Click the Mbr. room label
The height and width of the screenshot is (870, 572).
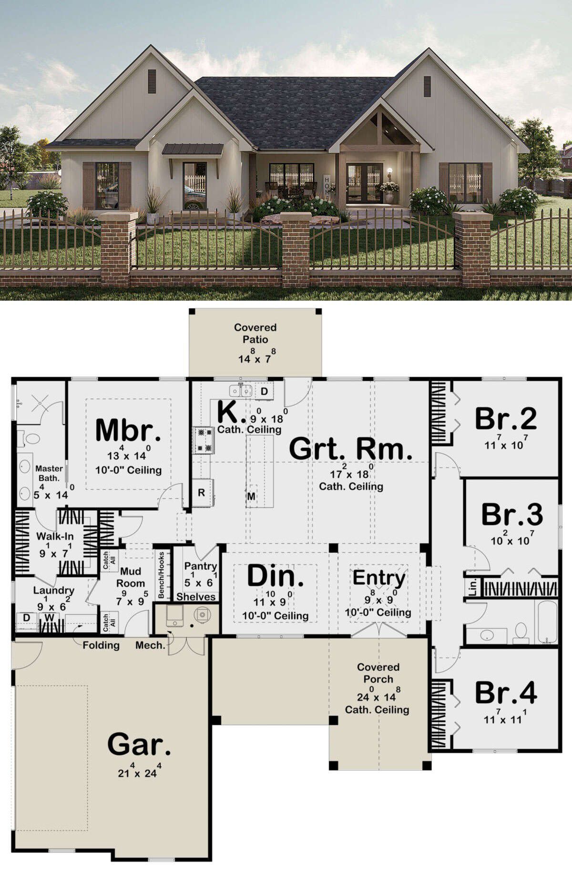coord(128,430)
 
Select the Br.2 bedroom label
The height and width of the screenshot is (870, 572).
coord(506,418)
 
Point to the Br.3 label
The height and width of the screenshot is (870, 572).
coord(512,514)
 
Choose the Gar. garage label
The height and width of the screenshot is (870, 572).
coord(139,744)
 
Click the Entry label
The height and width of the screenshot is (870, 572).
coord(379,578)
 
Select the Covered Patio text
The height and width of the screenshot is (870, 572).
coord(255,333)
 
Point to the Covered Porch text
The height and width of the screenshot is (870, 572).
coord(378,673)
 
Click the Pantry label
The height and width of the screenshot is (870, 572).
coord(200,567)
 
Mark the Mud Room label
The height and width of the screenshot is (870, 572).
coord(131,577)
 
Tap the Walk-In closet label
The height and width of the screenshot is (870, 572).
coord(55,536)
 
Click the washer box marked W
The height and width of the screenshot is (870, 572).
coord(49,618)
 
